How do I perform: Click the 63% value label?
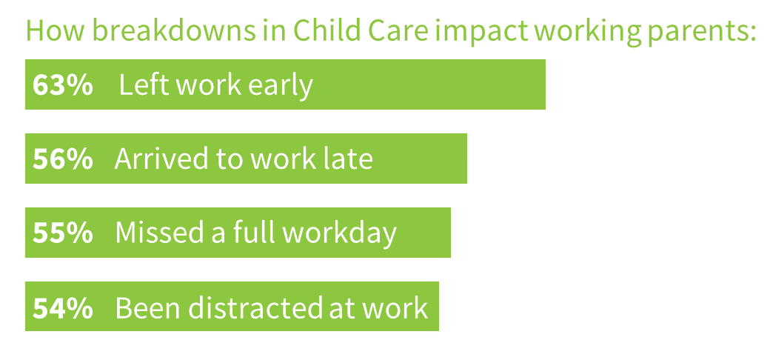click(62, 85)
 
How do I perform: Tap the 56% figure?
click(62, 159)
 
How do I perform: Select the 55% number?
click(62, 233)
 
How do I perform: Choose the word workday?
click(340, 234)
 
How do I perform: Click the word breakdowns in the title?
click(174, 30)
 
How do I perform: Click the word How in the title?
click(55, 30)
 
